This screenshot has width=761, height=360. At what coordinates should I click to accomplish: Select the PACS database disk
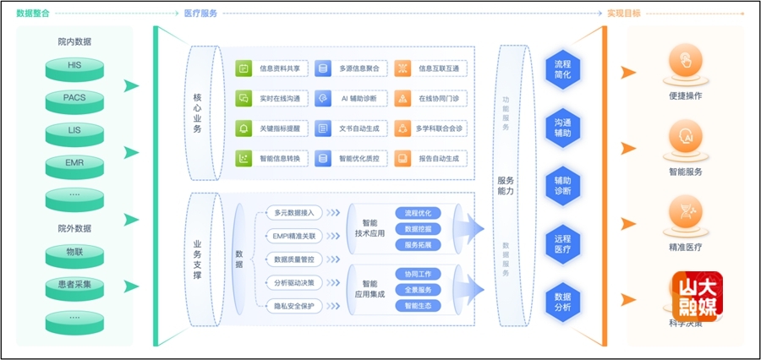[74, 99]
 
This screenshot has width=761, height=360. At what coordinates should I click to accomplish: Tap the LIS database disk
[74, 131]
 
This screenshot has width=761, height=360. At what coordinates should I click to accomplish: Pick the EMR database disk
[74, 163]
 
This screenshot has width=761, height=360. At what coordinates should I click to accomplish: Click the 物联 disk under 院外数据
[74, 253]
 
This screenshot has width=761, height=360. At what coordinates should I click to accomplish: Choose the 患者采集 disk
[74, 285]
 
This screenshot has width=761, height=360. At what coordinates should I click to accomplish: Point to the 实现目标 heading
[624, 14]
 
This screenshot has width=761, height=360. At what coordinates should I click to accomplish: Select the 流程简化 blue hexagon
[562, 69]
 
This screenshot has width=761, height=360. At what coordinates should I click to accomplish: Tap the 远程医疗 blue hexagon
[562, 244]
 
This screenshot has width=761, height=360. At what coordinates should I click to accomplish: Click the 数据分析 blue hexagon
[562, 302]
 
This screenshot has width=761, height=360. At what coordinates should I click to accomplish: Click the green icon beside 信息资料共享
[243, 68]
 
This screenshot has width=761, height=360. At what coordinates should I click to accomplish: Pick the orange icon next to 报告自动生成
[402, 158]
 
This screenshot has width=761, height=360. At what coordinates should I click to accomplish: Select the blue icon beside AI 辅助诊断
[322, 98]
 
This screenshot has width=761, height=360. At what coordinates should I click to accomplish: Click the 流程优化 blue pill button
[418, 213]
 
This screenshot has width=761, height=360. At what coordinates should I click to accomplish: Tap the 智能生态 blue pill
[418, 305]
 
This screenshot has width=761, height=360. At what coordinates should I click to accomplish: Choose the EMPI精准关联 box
[294, 236]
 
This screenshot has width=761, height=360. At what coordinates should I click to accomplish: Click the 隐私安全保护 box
[294, 306]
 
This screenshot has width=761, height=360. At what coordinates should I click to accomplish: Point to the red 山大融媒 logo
[697, 297]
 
